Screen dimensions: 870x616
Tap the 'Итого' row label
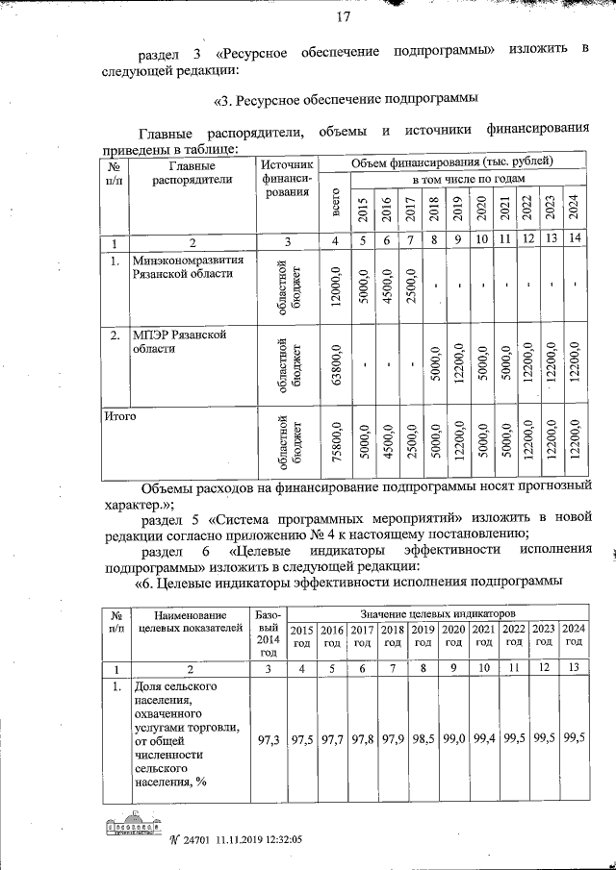(120, 416)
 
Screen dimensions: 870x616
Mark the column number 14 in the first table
(573, 239)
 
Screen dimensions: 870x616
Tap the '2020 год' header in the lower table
(453, 634)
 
